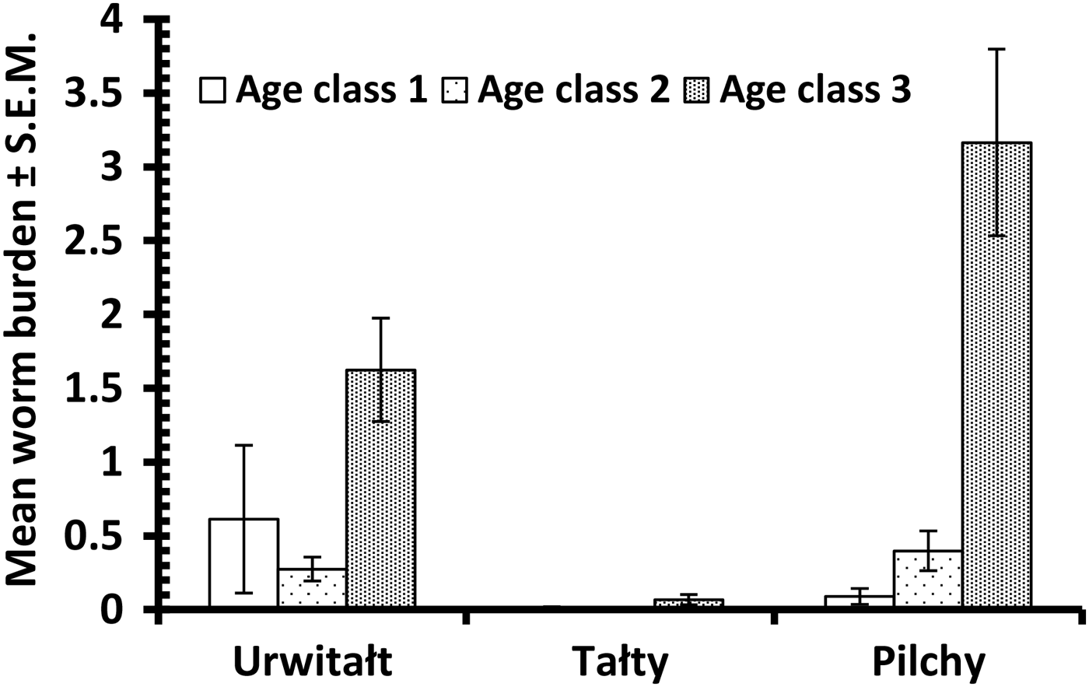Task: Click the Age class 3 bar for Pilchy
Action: pos(996,373)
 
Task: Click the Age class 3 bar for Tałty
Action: pos(688,602)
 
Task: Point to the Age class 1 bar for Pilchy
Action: pos(860,601)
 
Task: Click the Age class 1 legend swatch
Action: pos(212,90)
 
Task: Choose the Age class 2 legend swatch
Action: pos(454,90)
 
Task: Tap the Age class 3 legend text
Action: pos(814,90)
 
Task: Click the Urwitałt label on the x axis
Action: pos(313,662)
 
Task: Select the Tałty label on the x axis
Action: pos(620,662)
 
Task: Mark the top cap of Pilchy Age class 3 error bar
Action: pos(996,49)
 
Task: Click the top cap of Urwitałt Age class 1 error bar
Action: pos(243,445)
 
